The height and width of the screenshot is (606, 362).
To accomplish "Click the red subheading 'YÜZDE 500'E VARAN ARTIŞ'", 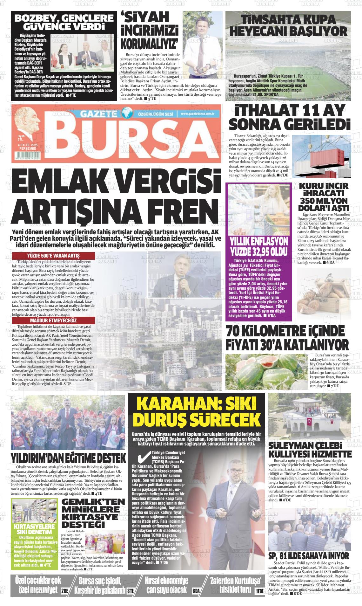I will pyautogui.click(x=53, y=256).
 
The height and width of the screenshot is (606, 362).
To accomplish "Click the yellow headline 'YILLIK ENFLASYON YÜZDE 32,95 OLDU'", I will pyautogui.click(x=258, y=244).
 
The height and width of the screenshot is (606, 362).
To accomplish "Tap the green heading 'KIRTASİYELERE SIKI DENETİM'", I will pyautogui.click(x=35, y=529).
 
